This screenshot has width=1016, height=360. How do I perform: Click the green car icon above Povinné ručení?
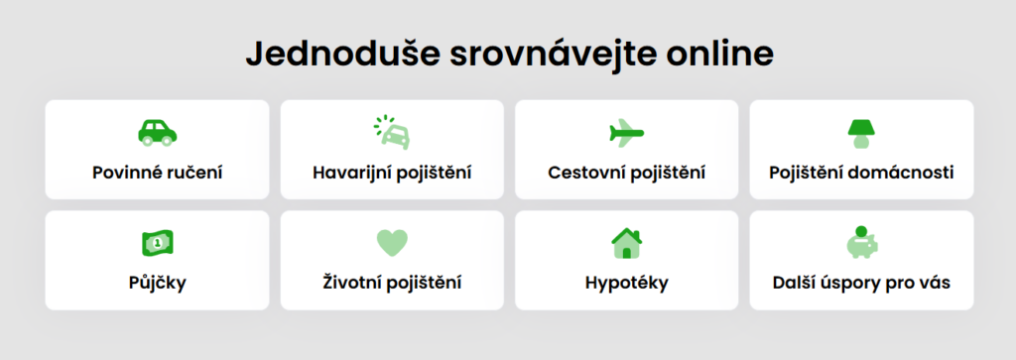157,133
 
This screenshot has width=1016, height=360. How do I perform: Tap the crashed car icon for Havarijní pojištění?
392,133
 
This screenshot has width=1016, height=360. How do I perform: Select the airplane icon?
627,133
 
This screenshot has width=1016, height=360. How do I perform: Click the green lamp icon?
861,134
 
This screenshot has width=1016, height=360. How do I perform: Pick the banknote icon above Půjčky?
158,243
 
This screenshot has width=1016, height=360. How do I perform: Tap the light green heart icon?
392,243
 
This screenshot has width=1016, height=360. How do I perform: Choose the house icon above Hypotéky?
627,243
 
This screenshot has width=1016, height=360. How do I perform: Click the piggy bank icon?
862,242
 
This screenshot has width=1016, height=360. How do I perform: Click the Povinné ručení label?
158,173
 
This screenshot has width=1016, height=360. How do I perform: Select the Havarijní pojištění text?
392,174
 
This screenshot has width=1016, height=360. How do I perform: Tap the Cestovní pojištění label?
627,174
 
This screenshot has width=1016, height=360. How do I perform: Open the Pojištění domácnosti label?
862,174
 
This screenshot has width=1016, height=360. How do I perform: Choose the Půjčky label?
158,284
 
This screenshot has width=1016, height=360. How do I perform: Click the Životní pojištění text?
392,284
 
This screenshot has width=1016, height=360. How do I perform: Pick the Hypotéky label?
627,284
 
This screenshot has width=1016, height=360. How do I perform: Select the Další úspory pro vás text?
862,284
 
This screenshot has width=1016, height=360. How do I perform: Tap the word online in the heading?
720,55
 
